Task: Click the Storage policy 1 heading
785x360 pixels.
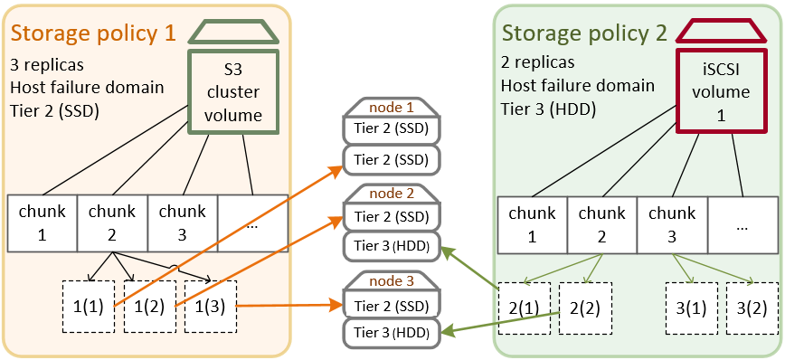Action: (x=93, y=33)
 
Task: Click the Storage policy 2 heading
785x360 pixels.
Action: (x=584, y=33)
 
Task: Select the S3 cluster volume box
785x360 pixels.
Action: (x=233, y=91)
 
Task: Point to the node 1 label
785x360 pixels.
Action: (x=390, y=108)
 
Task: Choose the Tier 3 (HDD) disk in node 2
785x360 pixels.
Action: (x=391, y=245)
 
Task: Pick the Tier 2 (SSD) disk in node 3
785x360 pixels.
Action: (x=391, y=305)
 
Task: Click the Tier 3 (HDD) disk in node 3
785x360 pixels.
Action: (x=391, y=333)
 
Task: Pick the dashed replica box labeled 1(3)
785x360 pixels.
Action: (x=210, y=308)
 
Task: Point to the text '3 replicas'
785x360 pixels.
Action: (x=47, y=65)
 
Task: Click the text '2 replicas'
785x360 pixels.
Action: (x=537, y=65)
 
